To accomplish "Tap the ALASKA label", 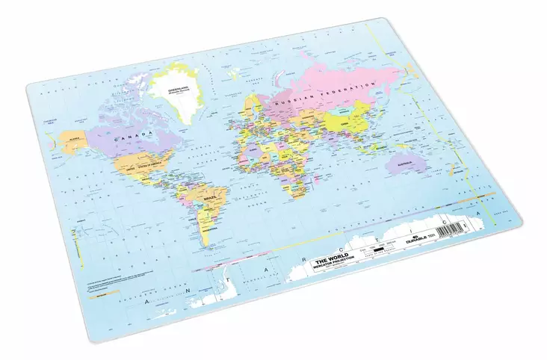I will (75, 138).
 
